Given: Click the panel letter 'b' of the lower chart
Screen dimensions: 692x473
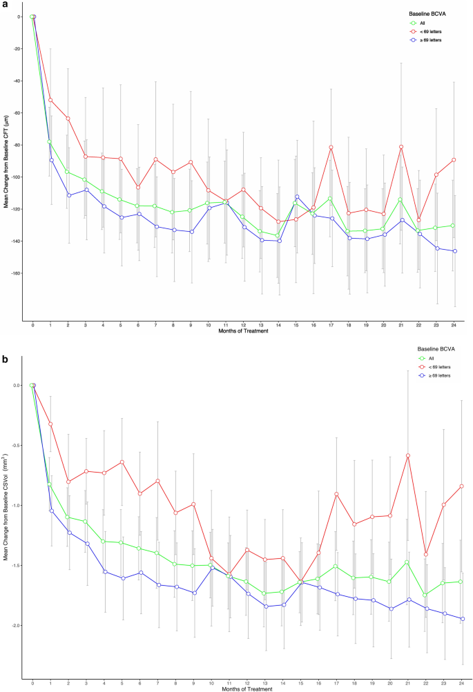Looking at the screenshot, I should [4, 359].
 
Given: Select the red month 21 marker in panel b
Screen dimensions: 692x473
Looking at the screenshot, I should [402, 455].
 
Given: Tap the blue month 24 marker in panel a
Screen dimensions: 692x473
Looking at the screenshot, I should [454, 251].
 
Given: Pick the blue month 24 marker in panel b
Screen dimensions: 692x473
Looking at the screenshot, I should [454, 619].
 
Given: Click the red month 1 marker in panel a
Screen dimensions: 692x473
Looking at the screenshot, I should [50, 100].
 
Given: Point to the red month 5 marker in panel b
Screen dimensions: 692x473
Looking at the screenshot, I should [121, 462].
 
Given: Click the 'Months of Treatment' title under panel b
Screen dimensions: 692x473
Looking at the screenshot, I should [241, 687].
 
